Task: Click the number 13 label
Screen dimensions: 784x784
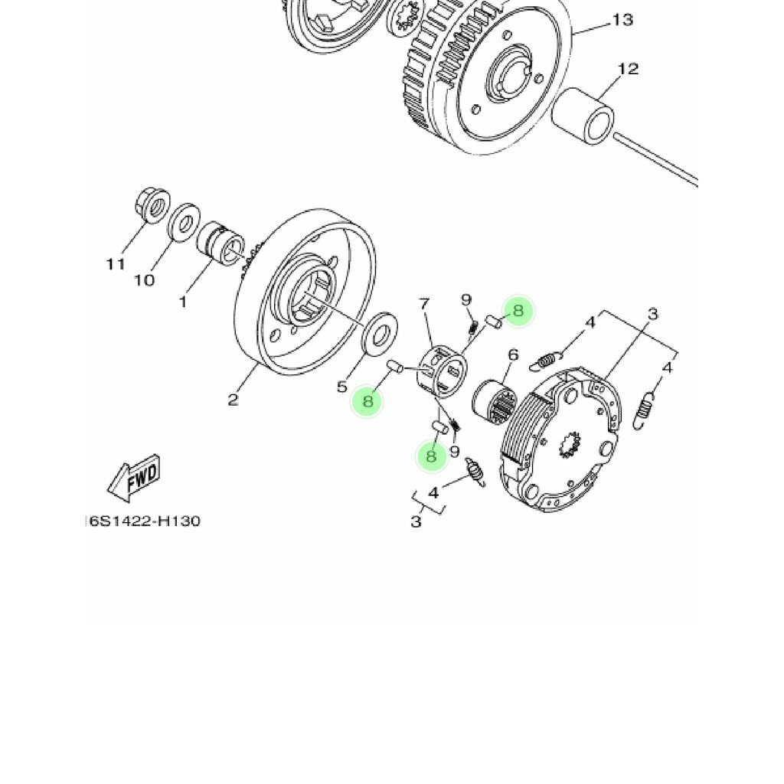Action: coord(622,20)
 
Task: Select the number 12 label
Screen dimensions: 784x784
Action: coord(627,69)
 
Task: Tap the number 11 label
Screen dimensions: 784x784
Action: coord(116,264)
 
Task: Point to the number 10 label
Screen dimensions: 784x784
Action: coord(145,280)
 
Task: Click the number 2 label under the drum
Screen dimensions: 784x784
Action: coord(233,399)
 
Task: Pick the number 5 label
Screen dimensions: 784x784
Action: coord(342,387)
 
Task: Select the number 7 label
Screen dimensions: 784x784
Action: coord(424,305)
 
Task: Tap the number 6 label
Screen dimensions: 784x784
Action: coord(513,354)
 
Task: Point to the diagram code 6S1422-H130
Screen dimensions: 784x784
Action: coord(143,521)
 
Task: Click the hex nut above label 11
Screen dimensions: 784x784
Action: coord(152,205)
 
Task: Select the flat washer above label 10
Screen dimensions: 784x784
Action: coord(182,223)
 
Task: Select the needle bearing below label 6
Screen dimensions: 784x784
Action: coord(494,401)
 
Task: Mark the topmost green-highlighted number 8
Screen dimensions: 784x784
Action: coord(518,311)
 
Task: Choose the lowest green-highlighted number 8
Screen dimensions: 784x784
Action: coord(431,456)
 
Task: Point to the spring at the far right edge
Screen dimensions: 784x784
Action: coord(647,407)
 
